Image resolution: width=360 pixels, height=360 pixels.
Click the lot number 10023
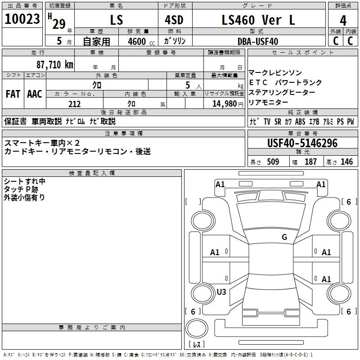22,20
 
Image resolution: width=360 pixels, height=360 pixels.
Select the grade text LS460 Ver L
252,20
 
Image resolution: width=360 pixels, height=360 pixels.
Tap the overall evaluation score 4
343,21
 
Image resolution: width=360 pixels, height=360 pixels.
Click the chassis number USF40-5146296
302,143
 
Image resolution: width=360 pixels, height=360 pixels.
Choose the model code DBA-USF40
258,41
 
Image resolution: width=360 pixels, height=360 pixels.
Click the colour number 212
74,104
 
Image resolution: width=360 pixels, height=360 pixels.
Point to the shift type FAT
13,94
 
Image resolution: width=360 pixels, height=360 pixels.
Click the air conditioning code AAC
35,94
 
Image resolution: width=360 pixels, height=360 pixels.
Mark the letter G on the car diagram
284,237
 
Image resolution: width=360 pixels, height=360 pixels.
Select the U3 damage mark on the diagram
221,292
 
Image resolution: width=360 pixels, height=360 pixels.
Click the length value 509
273,162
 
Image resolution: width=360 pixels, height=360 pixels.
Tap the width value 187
310,162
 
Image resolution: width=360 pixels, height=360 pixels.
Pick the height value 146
346,162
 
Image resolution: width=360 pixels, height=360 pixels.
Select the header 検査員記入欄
92,173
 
